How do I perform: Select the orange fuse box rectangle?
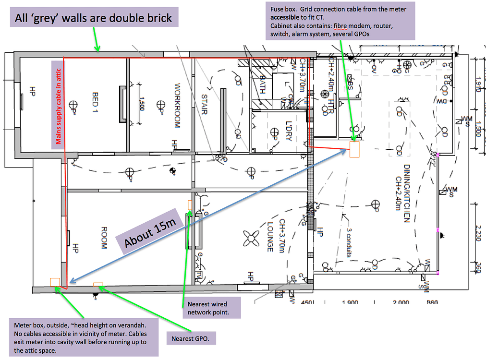click(x=354, y=149)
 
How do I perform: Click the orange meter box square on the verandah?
click(x=55, y=282)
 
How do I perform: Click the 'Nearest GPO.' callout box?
click(x=191, y=338)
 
